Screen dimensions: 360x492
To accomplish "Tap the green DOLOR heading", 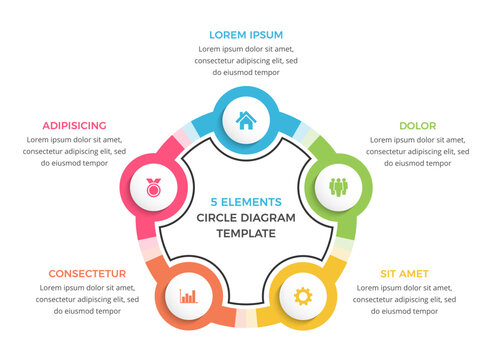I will point(417,126).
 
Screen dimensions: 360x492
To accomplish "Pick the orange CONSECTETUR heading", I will point(86,272).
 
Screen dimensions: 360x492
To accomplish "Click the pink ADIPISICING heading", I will point(74,126).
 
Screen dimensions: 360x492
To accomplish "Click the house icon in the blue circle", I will point(245,121).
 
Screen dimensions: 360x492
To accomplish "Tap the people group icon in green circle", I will point(337,186).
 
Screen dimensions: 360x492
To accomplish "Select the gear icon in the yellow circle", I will point(302,296).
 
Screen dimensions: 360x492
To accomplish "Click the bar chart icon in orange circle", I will point(188,296).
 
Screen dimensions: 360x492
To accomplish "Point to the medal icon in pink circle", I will point(153,186).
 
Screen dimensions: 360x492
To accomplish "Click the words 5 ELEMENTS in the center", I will point(246,201).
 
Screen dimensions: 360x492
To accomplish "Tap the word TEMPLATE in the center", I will point(245,233).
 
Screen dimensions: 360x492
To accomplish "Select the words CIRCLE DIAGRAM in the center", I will point(246,217).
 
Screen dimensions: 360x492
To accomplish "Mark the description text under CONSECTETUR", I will point(86,298).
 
